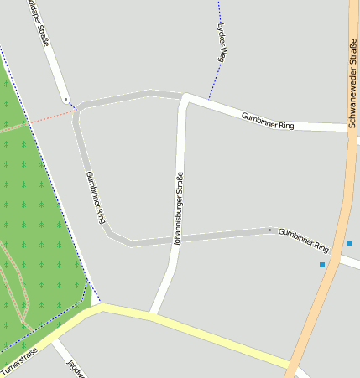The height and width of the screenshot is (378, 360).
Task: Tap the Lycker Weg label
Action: (x=222, y=43)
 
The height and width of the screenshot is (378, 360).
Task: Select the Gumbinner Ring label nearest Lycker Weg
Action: (x=268, y=120)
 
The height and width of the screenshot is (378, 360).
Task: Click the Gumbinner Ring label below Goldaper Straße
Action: (x=97, y=197)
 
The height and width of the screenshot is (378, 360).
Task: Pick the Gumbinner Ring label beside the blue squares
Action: (x=303, y=240)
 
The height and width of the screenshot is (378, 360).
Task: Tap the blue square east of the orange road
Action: (x=348, y=243)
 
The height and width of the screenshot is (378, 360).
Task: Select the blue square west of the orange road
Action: (x=321, y=265)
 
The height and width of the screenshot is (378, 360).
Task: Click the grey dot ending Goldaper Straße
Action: (x=65, y=99)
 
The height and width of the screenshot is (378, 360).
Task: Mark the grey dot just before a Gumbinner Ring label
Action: (x=269, y=230)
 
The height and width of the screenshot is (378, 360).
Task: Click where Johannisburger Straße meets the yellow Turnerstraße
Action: (x=152, y=315)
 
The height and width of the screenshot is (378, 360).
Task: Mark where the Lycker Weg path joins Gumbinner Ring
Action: (x=210, y=100)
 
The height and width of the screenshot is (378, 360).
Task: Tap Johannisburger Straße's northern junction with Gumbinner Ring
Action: (x=185, y=96)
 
